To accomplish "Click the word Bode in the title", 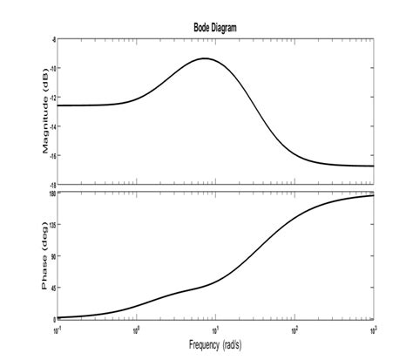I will (202, 28).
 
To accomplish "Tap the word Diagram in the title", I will (224, 28).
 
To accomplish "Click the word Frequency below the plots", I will (196, 345).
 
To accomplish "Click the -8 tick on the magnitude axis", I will (53, 40).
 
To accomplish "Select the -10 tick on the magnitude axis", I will (52, 69).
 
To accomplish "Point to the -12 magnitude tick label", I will (52, 98).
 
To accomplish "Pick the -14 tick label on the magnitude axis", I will (52, 126).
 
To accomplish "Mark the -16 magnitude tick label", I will (52, 156).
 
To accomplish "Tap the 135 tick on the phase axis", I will (52, 225).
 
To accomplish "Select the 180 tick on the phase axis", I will (52, 194).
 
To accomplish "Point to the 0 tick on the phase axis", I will (54, 319).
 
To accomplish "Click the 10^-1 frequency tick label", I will (58, 329).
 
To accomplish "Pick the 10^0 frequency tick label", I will (137, 329).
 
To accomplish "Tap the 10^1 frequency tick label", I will (215, 329).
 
